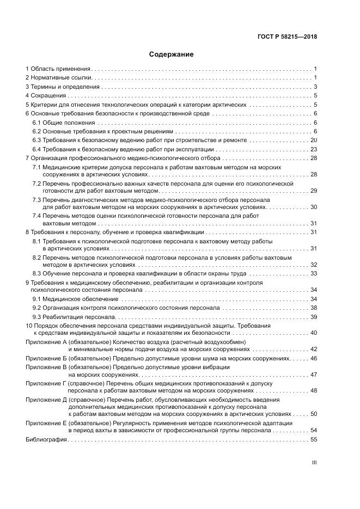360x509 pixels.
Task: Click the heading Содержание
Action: pyautogui.click(x=171, y=54)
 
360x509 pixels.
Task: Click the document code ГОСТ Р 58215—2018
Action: pyautogui.click(x=288, y=37)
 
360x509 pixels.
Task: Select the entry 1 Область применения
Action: pyautogui.click(x=58, y=69)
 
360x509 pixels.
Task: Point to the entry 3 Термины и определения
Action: pyautogui.click(x=63, y=87)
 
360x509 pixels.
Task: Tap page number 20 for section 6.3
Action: pyautogui.click(x=314, y=140)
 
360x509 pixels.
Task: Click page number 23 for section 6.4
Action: pyautogui.click(x=314, y=149)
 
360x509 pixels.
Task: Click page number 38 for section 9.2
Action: pyautogui.click(x=314, y=308)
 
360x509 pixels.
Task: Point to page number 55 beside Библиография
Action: pyautogui.click(x=314, y=439)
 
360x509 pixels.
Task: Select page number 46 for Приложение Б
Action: pyautogui.click(x=314, y=359)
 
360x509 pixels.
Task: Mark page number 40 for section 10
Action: pyautogui.click(x=314, y=333)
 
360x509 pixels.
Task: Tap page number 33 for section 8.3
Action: pyautogui.click(x=314, y=273)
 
